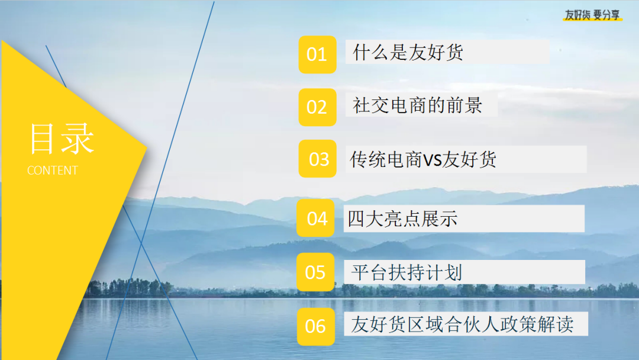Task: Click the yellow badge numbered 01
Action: click(x=318, y=54)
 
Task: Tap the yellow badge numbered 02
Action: click(x=318, y=107)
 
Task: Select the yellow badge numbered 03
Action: click(x=318, y=159)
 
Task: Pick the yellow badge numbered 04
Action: click(x=315, y=218)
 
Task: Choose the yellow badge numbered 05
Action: click(x=315, y=272)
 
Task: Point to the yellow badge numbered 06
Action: click(x=316, y=327)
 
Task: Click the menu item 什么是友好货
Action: click(x=408, y=52)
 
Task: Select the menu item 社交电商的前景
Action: click(x=417, y=105)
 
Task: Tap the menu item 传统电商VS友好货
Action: click(x=423, y=159)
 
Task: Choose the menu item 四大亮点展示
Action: click(x=402, y=218)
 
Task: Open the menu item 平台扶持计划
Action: click(x=406, y=272)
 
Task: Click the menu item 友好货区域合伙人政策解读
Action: click(x=462, y=324)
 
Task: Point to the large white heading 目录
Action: click(x=62, y=139)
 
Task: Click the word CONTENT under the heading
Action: click(x=52, y=171)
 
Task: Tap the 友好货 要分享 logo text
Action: click(x=592, y=15)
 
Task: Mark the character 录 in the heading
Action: click(x=79, y=139)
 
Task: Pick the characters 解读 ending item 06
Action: click(x=556, y=324)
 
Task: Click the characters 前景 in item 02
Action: click(x=464, y=105)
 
